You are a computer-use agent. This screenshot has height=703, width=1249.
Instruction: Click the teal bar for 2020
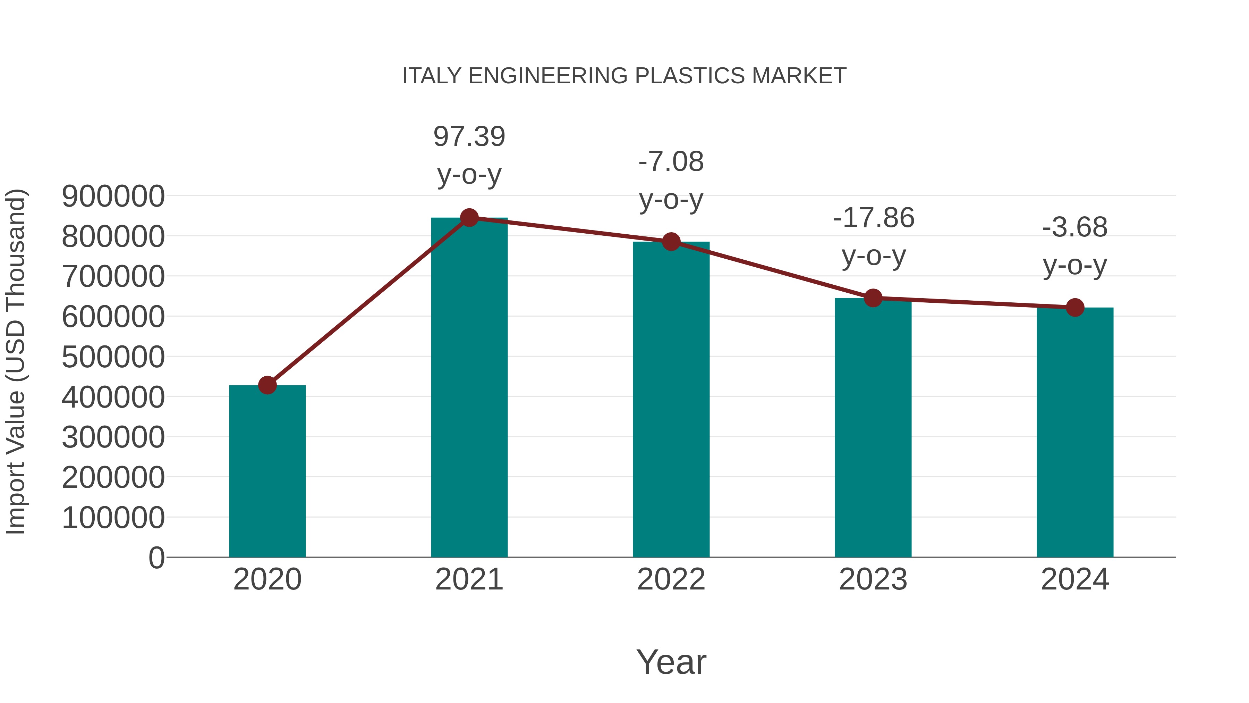[x=267, y=471]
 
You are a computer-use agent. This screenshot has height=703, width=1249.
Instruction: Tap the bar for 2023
[x=873, y=427]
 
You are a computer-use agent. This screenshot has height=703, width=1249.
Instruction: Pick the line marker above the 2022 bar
[x=671, y=241]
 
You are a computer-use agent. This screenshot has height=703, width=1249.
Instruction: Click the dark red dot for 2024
[x=1075, y=307]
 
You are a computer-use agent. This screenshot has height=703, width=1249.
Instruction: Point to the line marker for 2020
[x=267, y=385]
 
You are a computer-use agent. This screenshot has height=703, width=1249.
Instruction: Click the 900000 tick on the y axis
[x=113, y=196]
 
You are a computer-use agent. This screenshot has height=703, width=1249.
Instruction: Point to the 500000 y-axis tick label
[x=113, y=357]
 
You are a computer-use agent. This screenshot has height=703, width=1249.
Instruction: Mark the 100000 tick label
[x=113, y=518]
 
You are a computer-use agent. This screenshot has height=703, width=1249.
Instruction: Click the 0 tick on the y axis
[x=156, y=558]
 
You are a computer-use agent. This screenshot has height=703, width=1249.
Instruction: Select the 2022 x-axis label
[x=671, y=579]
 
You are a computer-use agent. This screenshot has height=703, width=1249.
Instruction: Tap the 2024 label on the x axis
[x=1075, y=579]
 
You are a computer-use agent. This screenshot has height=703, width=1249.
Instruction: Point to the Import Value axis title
[x=16, y=361]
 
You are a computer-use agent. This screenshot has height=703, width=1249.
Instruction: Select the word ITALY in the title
[x=432, y=76]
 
